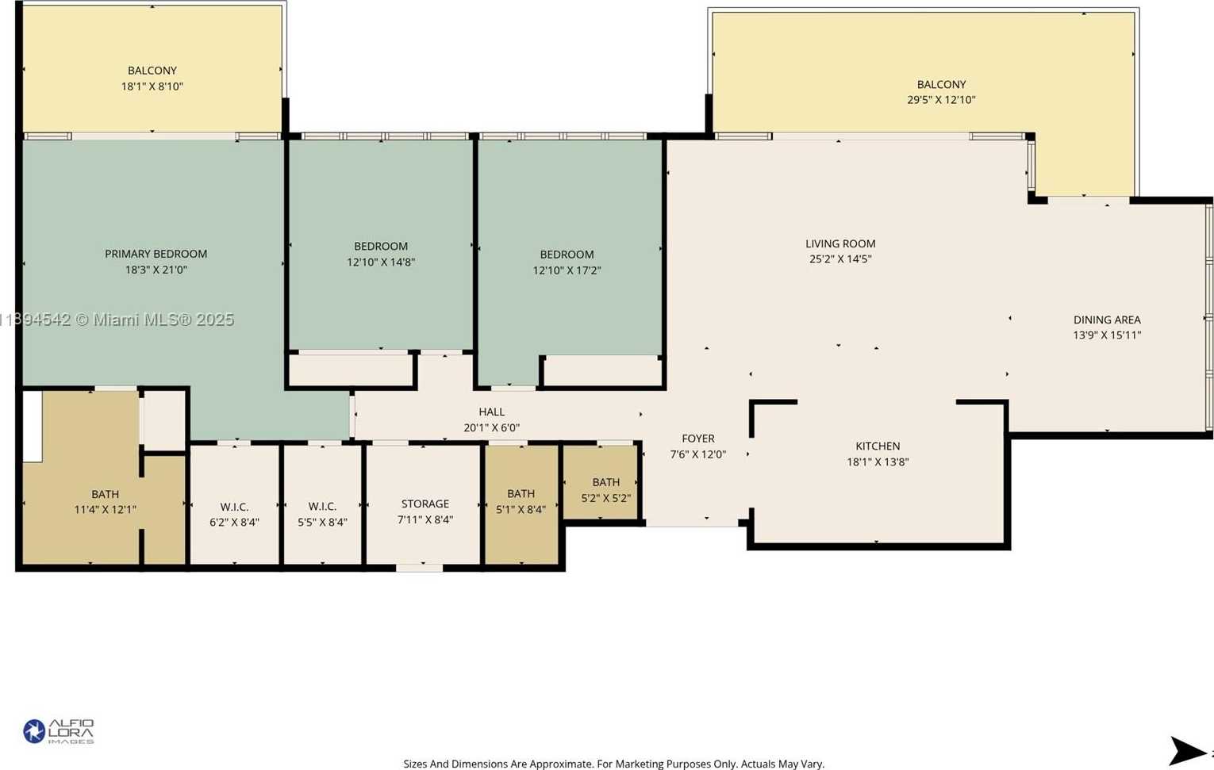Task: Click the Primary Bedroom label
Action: coord(156,254)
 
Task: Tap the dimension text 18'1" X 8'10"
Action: coord(152,86)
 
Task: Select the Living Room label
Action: coord(840,243)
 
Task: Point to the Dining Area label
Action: coord(1107,320)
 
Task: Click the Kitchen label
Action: coord(878,446)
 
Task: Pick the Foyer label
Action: coord(698,439)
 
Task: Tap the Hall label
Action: coord(492,412)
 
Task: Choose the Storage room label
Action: coord(425,504)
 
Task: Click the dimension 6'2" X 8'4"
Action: coord(235,523)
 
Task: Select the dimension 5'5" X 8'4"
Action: coord(322,523)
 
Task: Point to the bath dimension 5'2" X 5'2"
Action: coord(606,498)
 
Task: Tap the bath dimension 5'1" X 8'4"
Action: coord(521,510)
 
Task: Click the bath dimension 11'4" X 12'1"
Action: coord(106,510)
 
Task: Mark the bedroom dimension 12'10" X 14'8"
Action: coord(381,262)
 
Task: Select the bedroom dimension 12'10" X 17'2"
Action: coord(567,270)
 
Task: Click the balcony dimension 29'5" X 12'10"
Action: coord(941,100)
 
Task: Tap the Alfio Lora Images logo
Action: coord(59,732)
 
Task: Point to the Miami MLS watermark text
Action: coord(117,320)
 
